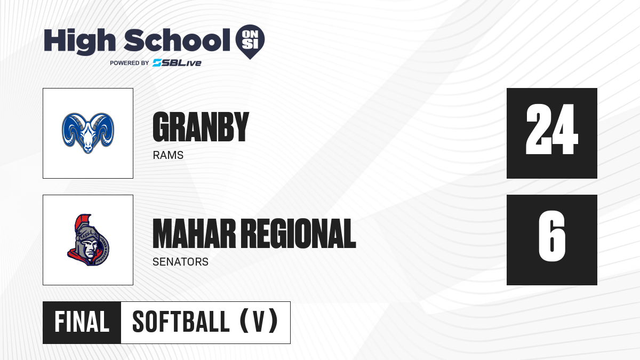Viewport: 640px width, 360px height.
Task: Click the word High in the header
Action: click(x=79, y=42)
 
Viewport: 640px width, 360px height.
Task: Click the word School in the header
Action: click(x=177, y=40)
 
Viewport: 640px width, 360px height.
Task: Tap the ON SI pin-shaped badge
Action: click(x=250, y=42)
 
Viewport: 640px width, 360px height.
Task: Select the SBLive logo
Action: click(x=177, y=63)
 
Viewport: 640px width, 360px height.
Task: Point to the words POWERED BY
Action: click(x=130, y=63)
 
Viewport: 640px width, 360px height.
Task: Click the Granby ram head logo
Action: click(x=88, y=133)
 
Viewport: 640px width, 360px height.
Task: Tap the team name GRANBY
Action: click(x=201, y=127)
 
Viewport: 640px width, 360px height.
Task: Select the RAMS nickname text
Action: click(x=168, y=155)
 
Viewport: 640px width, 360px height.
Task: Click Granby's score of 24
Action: click(x=552, y=129)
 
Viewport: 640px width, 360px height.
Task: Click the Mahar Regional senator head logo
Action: click(x=89, y=240)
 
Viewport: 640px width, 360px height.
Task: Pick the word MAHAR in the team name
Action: click(x=194, y=234)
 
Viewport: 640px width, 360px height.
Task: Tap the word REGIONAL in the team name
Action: click(x=299, y=234)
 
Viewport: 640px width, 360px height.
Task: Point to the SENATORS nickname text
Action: click(x=181, y=262)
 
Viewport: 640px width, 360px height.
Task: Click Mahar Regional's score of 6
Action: click(x=552, y=236)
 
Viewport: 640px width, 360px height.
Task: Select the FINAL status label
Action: click(x=82, y=322)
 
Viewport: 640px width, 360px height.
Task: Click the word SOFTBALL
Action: click(x=181, y=322)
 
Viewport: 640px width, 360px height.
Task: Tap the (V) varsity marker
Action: click(x=259, y=322)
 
